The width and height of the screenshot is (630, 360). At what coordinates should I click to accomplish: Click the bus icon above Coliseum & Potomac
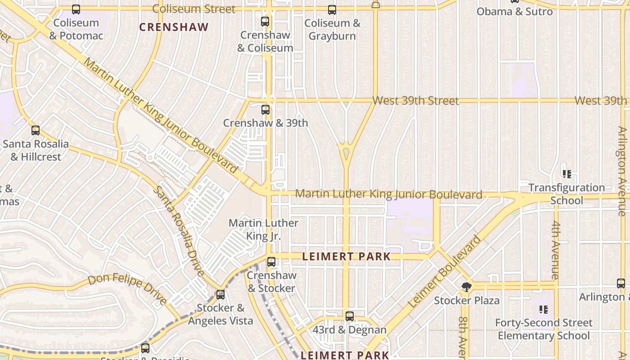click(76, 9)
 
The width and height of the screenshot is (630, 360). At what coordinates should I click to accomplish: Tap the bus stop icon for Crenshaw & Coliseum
click(265, 21)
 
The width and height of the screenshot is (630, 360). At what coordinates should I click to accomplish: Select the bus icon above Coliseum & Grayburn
click(332, 9)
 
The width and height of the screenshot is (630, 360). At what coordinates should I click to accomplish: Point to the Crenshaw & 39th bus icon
click(265, 109)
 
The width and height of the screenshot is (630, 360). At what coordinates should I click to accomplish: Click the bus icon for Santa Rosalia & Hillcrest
click(36, 130)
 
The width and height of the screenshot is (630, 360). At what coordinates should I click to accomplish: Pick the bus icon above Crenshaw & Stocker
click(271, 262)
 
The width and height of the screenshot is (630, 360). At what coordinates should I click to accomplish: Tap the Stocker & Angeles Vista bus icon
click(220, 295)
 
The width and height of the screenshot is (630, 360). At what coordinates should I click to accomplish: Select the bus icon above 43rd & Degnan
click(350, 316)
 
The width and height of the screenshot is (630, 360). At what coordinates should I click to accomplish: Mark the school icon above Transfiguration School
click(567, 174)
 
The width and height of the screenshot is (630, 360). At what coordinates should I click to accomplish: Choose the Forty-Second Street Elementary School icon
click(544, 310)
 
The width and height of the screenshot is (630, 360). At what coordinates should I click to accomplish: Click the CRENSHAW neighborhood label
click(174, 27)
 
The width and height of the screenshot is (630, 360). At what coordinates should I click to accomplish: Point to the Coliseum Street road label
click(193, 9)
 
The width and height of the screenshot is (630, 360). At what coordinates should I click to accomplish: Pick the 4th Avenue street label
click(556, 250)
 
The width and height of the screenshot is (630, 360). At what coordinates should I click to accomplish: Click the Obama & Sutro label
click(514, 12)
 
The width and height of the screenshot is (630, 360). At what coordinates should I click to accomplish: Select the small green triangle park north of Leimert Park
click(346, 153)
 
